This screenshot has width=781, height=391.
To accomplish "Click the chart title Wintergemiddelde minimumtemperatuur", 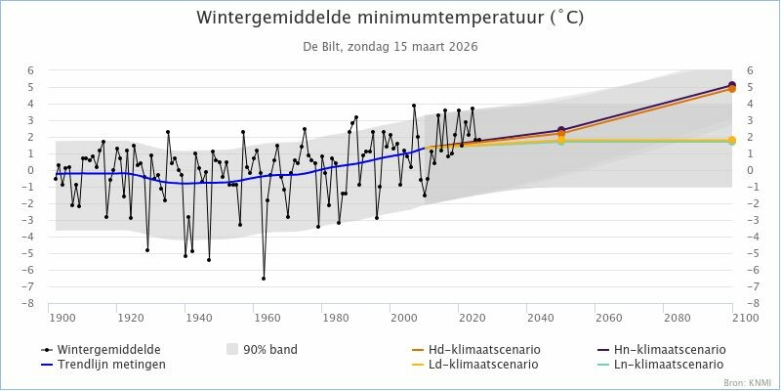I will (390, 19).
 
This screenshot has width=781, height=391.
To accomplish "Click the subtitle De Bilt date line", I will (390, 46).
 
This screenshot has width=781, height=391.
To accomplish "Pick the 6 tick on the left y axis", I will (30, 70).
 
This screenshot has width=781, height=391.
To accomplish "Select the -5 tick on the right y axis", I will (753, 254).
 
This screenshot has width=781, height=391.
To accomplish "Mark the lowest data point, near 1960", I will (264, 279).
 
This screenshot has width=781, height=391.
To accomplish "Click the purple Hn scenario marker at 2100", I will (732, 85).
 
